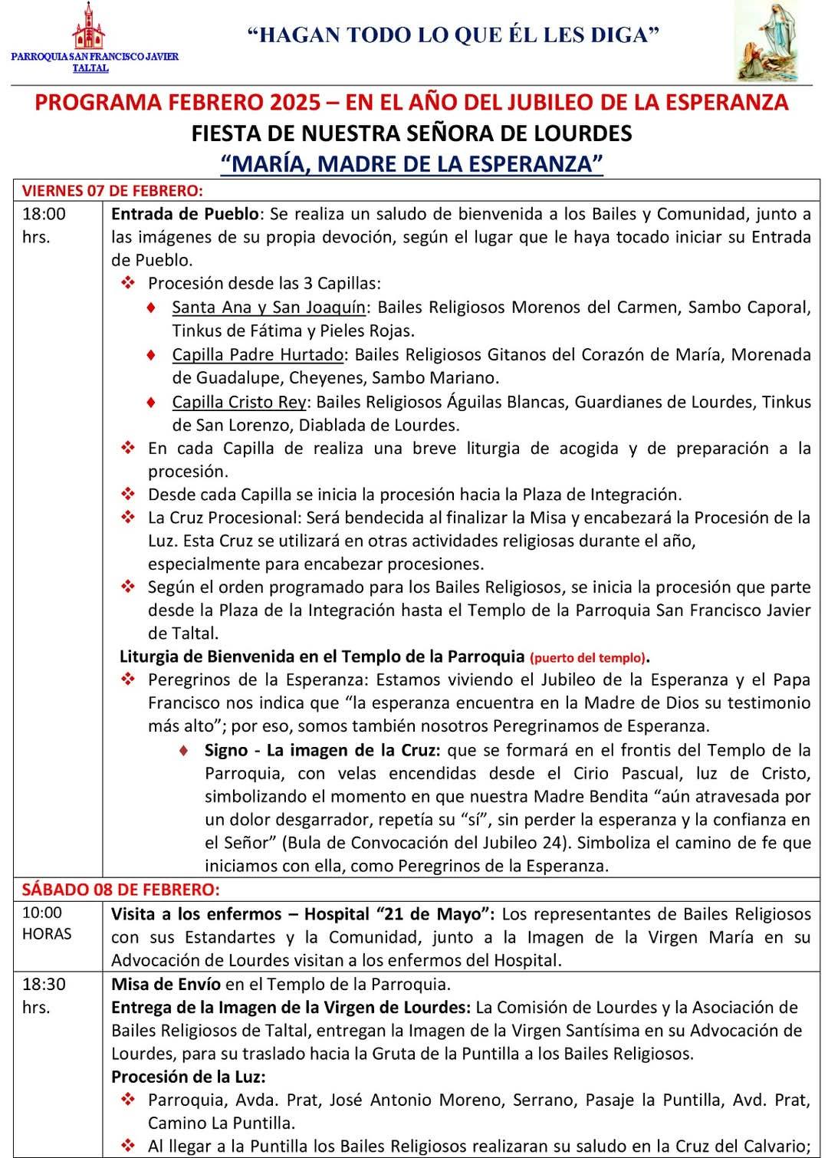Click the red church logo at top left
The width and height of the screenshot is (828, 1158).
89,28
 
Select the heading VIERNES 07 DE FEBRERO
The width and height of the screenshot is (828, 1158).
112,190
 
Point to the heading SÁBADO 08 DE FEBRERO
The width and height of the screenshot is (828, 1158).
120,890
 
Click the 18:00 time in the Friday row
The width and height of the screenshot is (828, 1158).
44,214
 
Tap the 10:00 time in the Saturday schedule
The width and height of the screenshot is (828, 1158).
42,913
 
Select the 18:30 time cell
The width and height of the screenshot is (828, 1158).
44,984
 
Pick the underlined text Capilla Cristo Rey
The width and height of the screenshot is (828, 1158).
240,402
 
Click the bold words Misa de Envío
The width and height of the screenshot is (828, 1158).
166,984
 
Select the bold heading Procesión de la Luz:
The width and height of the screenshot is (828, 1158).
189,1077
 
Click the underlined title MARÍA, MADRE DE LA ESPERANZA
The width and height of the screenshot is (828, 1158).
412,163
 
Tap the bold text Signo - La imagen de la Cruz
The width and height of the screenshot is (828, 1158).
322,750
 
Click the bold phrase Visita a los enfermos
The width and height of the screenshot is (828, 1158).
196,914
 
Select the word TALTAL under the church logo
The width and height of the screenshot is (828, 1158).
90,68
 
